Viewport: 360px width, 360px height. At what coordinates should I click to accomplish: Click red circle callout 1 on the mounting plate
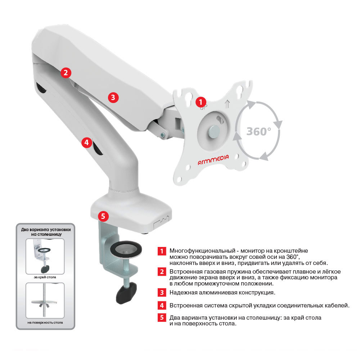(x=201, y=102)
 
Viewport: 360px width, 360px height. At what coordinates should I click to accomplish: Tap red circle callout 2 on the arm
(x=66, y=73)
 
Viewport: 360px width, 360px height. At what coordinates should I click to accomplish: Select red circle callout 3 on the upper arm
(x=113, y=97)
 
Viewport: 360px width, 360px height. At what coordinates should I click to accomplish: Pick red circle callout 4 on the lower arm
(x=86, y=143)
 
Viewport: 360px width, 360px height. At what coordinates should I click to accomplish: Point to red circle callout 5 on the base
(x=103, y=216)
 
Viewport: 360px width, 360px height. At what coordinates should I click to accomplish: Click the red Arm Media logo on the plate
(x=213, y=159)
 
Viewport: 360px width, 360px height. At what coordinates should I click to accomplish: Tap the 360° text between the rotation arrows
(x=259, y=131)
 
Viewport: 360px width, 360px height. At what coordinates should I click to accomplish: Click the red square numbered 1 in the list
(x=162, y=251)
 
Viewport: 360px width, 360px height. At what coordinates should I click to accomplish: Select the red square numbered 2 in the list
(x=162, y=272)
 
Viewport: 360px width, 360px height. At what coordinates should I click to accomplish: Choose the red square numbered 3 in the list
(x=162, y=293)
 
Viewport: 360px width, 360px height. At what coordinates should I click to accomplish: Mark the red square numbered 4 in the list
(x=162, y=305)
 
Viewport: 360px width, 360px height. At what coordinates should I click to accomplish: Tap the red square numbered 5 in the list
(x=162, y=318)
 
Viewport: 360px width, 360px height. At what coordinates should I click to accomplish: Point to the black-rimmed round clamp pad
(x=126, y=249)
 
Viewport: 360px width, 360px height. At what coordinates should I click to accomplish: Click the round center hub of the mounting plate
(x=213, y=131)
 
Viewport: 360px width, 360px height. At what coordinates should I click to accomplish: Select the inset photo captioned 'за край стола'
(x=45, y=256)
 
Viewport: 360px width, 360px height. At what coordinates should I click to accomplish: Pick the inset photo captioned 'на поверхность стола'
(x=45, y=300)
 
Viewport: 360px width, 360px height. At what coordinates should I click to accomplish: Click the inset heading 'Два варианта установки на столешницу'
(x=46, y=232)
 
